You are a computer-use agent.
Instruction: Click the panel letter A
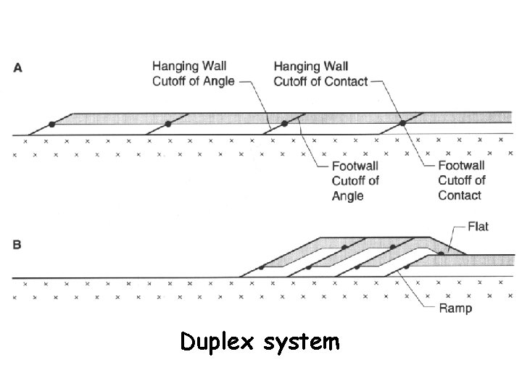click(18, 67)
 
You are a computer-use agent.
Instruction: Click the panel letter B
click(17, 244)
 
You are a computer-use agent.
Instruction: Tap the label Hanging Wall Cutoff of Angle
click(193, 74)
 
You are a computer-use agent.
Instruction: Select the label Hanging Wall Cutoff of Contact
click(320, 74)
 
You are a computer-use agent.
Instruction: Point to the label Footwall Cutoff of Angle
click(355, 181)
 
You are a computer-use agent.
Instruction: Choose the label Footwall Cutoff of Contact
click(462, 181)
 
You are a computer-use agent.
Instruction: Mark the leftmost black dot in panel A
click(51, 124)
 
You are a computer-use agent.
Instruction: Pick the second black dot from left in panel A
click(168, 124)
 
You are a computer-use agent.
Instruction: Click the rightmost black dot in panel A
click(403, 124)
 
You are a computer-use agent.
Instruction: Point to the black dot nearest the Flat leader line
click(441, 253)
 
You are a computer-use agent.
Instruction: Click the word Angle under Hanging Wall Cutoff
click(216, 81)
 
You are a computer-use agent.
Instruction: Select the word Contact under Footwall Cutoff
click(460, 195)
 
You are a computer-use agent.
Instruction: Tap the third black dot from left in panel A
click(285, 124)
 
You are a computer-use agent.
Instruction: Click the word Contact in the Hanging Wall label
click(344, 81)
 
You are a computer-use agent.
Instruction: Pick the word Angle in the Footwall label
click(348, 196)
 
